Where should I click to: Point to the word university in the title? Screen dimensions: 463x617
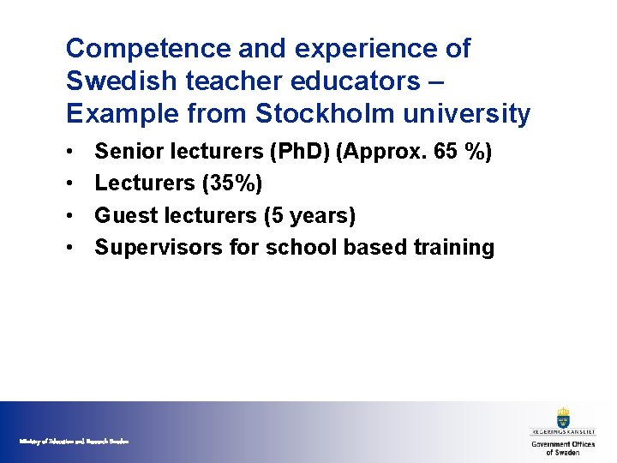[x=472, y=113]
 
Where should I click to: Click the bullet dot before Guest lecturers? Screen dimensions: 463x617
[x=68, y=216]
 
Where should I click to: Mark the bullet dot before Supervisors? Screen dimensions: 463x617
[x=68, y=249]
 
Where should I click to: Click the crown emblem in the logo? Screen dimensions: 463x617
[x=563, y=418]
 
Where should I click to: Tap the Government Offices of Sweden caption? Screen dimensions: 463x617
[x=563, y=448]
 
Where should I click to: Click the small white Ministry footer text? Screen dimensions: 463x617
[x=74, y=441]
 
